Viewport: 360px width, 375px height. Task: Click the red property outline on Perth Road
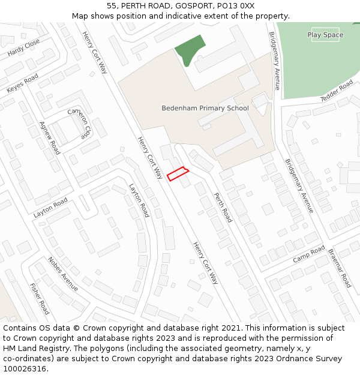(178, 174)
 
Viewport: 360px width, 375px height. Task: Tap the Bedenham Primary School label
(205, 109)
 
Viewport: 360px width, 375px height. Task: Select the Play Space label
(325, 35)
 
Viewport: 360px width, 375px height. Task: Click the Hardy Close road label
(24, 48)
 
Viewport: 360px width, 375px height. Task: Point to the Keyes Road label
(22, 83)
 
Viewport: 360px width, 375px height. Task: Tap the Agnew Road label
(50, 137)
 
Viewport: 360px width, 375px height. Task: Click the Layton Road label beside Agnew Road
(50, 208)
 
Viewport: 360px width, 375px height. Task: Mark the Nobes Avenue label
(63, 274)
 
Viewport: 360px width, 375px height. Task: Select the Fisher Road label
(40, 299)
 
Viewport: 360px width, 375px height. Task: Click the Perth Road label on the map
(223, 207)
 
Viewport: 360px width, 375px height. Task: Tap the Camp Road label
(308, 254)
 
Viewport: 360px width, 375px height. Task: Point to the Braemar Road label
(339, 268)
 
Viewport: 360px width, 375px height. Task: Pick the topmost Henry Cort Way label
(95, 52)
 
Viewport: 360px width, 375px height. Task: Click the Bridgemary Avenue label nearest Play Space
(274, 61)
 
